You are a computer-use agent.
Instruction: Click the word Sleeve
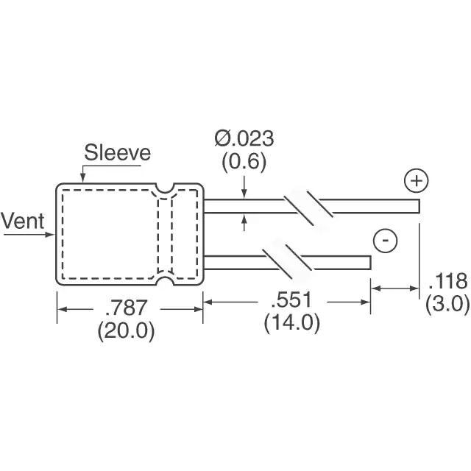click(118, 152)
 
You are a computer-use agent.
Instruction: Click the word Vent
click(23, 221)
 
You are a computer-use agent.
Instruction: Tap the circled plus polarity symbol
click(417, 181)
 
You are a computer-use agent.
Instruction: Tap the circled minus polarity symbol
click(385, 241)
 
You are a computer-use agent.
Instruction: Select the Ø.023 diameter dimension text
click(244, 138)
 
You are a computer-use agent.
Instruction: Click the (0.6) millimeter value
click(244, 162)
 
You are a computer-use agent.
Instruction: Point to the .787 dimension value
click(126, 308)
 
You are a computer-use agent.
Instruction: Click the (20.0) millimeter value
click(126, 331)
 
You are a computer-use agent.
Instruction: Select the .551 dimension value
click(291, 300)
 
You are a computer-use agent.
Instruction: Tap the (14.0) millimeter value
click(292, 323)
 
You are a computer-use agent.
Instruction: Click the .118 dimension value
click(448, 281)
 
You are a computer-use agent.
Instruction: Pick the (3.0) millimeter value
click(447, 304)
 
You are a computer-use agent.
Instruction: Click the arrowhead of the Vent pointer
click(51, 235)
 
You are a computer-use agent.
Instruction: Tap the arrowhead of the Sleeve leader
click(82, 179)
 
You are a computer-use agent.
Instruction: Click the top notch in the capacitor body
click(165, 188)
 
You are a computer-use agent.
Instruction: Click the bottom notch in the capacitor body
click(165, 280)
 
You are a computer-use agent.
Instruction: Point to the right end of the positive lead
click(419, 206)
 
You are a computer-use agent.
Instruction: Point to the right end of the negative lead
click(370, 263)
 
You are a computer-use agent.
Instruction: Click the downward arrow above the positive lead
click(244, 188)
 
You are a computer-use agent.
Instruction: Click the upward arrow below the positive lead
click(244, 222)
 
